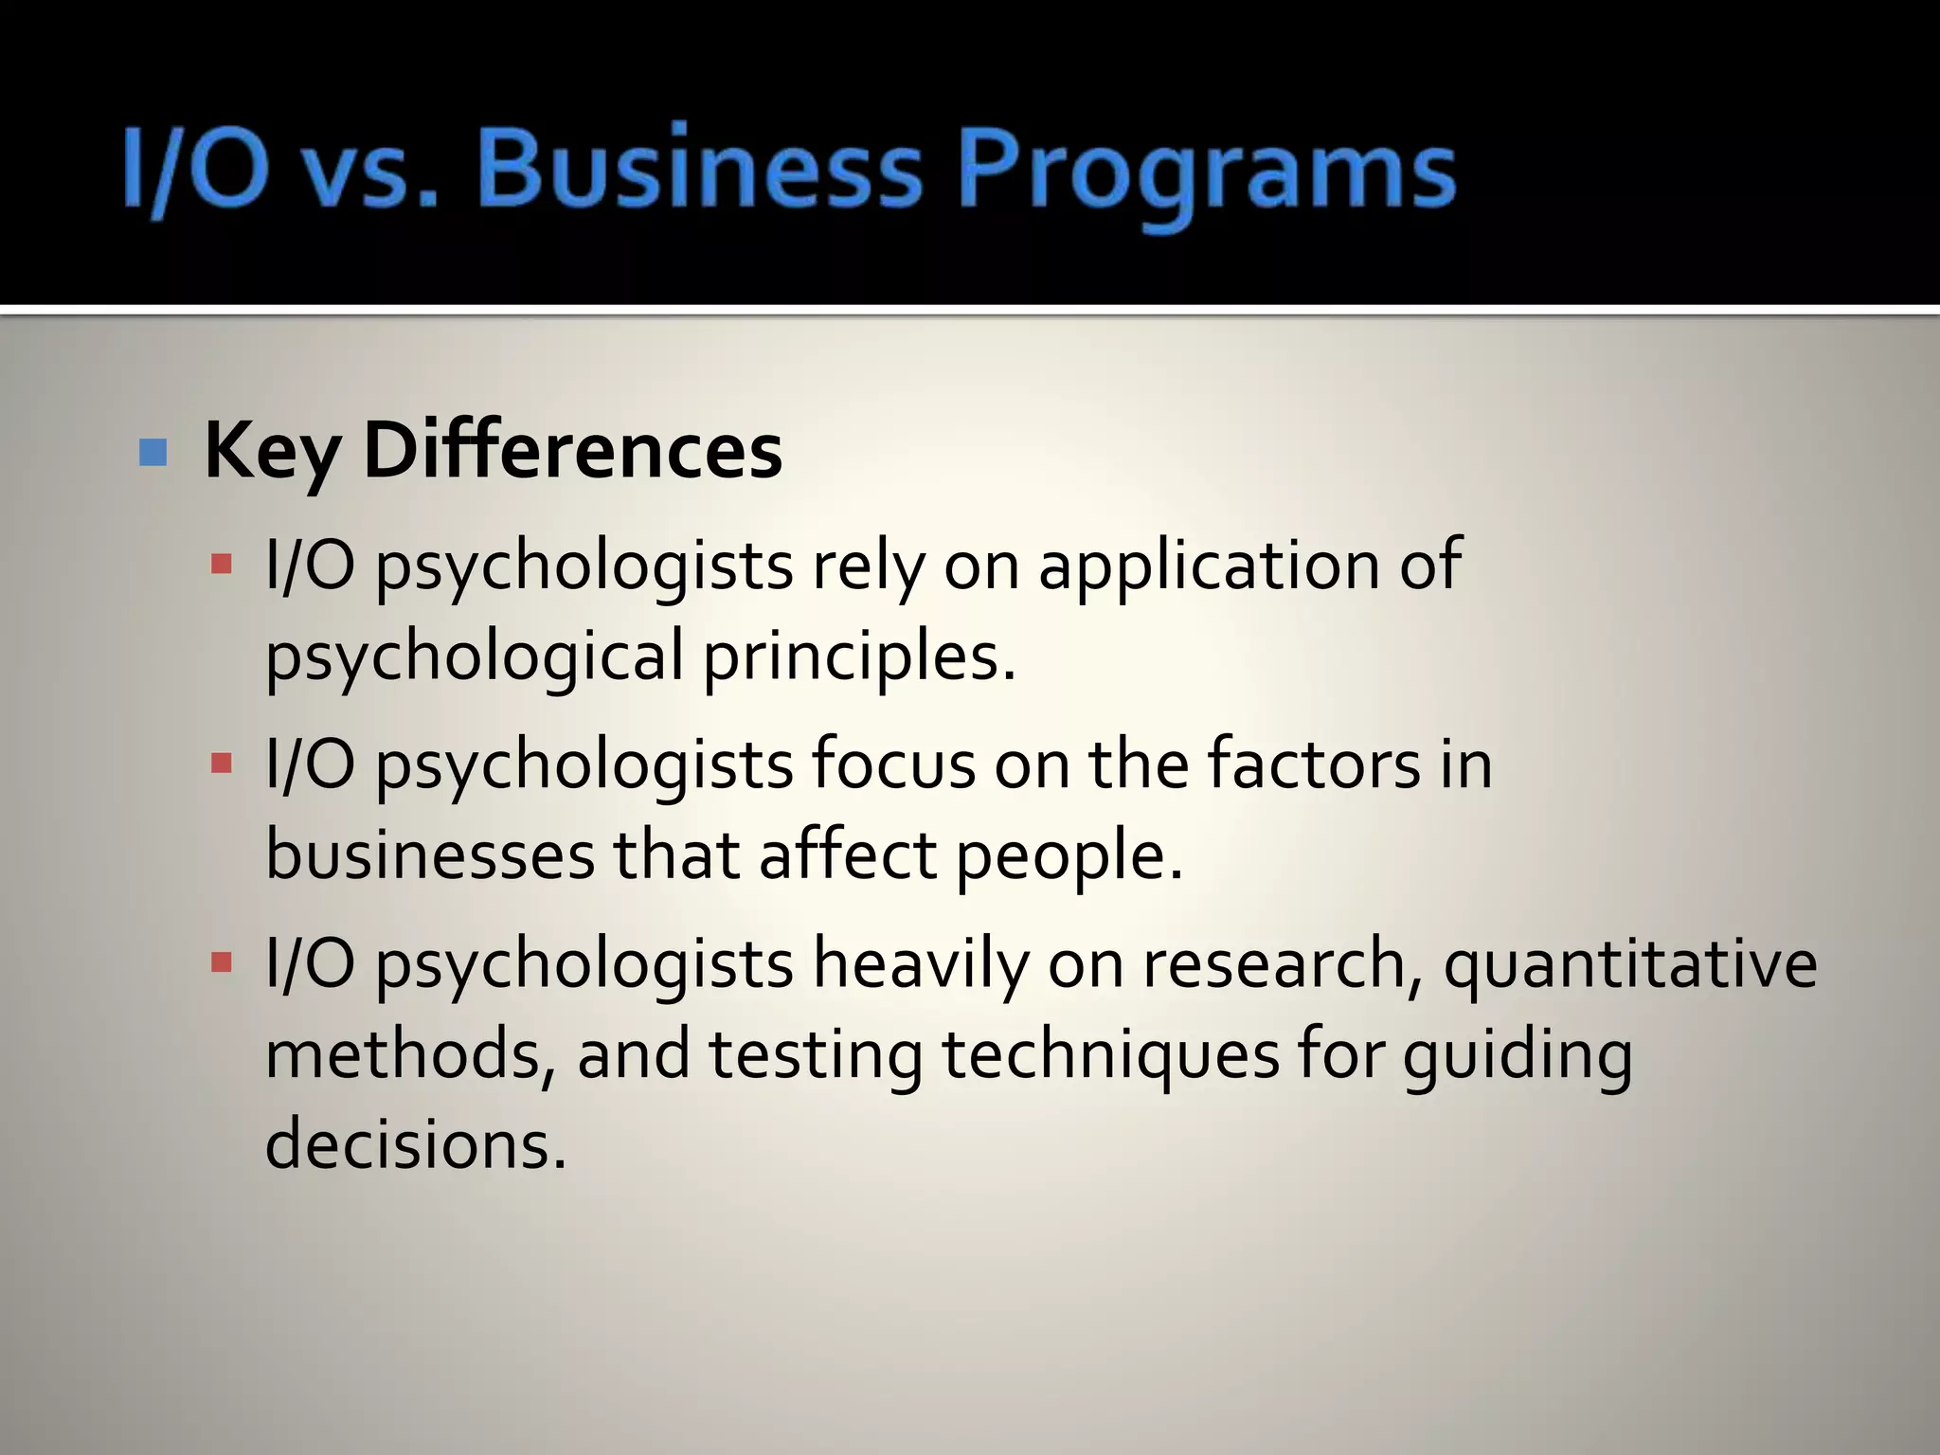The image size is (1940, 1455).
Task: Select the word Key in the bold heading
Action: pyautogui.click(x=271, y=452)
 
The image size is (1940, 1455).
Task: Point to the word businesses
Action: pyautogui.click(x=430, y=855)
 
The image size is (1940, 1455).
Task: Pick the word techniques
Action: pyautogui.click(x=1111, y=1056)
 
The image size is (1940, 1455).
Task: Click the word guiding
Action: pyautogui.click(x=1518, y=1056)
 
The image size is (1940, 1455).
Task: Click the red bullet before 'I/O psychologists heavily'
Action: pyautogui.click(x=222, y=963)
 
